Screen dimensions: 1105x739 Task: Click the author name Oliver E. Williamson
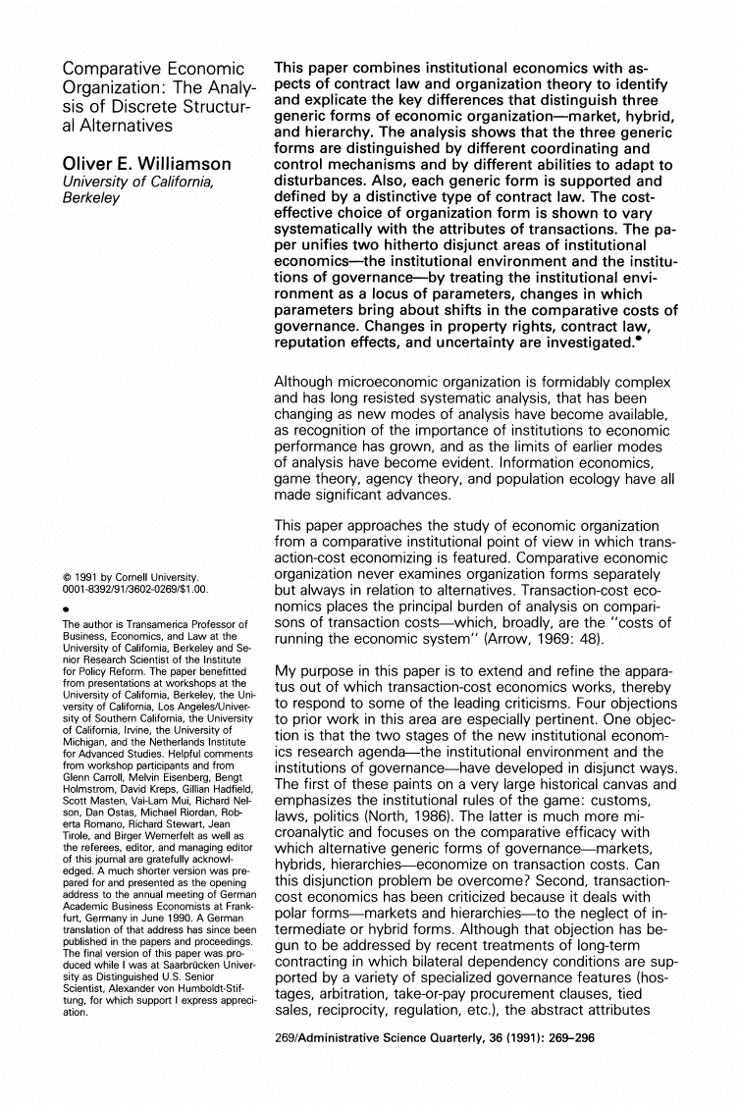click(146, 163)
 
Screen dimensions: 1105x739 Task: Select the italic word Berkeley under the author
click(89, 198)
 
